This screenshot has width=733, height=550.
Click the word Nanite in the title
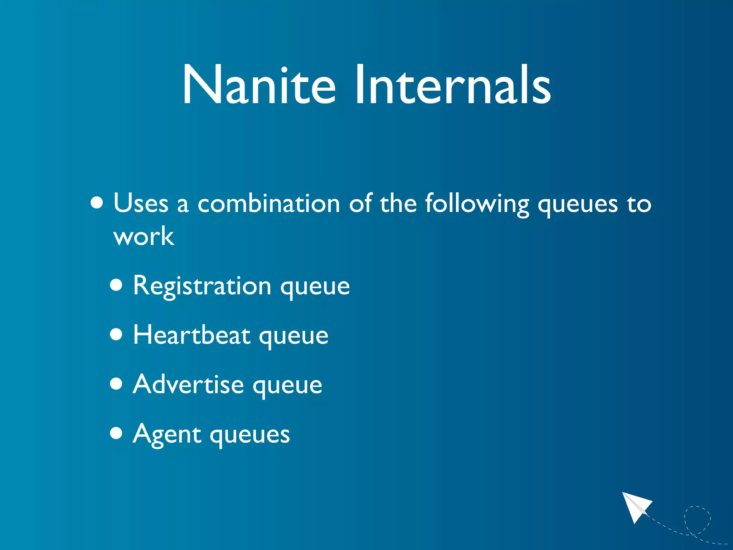click(259, 85)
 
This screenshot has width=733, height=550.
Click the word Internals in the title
click(452, 85)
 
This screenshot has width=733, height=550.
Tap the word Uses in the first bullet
click(141, 203)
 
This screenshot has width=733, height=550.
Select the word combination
click(268, 203)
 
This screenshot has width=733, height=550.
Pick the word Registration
click(202, 286)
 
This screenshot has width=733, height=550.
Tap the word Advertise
click(188, 385)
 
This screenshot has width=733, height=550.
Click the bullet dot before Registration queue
click(116, 285)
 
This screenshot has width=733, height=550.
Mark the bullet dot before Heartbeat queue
click(116, 335)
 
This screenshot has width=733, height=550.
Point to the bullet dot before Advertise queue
click(116, 384)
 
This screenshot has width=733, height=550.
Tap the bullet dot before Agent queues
click(116, 433)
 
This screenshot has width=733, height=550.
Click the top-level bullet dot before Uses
click(97, 203)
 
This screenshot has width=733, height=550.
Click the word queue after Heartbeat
click(293, 337)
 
